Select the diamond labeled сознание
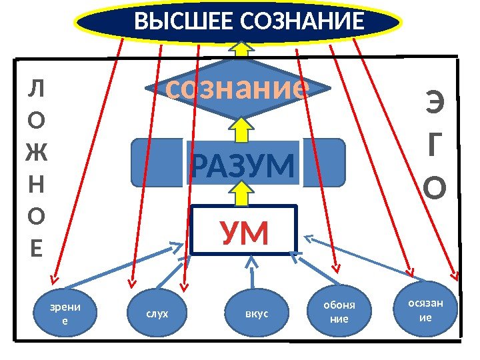(239, 89)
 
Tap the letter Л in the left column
(37, 88)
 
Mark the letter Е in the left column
(37, 248)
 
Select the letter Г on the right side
(435, 148)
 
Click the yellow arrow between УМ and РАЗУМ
(241, 194)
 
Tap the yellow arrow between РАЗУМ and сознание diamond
(241, 128)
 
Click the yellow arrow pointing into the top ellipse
(241, 48)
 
